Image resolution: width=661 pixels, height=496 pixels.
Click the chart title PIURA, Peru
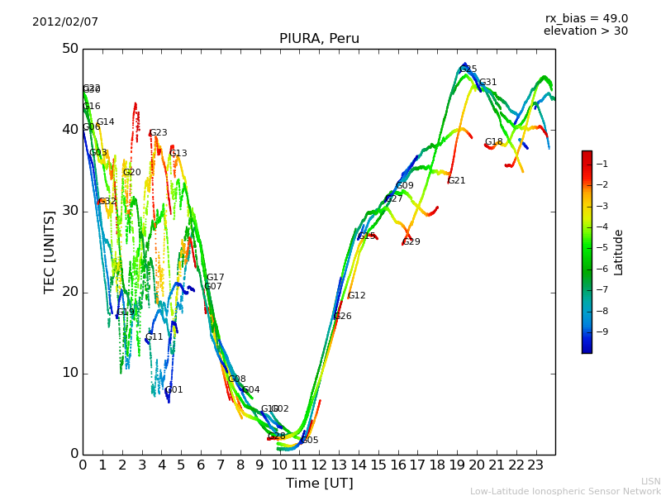(x=319, y=39)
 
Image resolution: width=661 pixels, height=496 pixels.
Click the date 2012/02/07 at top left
(x=65, y=21)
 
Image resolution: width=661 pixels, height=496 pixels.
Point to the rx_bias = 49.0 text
(x=586, y=18)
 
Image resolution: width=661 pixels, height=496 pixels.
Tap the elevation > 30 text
(x=586, y=31)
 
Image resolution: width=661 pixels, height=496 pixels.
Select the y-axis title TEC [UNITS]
(x=50, y=251)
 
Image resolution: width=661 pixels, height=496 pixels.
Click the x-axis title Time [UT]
(x=319, y=483)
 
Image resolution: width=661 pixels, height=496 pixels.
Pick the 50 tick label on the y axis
(x=69, y=49)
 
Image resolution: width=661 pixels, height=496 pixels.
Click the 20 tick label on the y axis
(x=69, y=292)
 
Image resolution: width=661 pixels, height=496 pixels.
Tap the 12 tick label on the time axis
(x=319, y=465)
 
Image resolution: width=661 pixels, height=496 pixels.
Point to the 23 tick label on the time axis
(x=535, y=465)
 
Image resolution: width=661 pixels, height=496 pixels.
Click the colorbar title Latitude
(x=619, y=252)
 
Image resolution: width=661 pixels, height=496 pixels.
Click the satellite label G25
(x=468, y=69)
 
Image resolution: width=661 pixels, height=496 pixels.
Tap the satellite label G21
(x=457, y=180)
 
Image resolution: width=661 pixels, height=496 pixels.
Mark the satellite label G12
(x=356, y=296)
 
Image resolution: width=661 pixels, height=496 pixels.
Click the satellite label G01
(x=174, y=390)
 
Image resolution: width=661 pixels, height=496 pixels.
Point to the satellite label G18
(x=494, y=142)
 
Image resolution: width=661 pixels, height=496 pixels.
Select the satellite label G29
(x=411, y=242)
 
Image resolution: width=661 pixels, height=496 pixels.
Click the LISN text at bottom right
(x=651, y=481)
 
